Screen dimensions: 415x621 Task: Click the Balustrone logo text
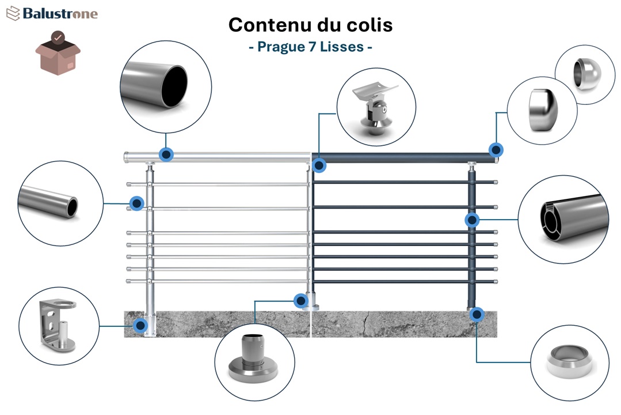[60, 14]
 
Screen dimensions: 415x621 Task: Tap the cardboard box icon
[58, 52]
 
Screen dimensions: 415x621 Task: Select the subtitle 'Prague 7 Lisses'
[310, 47]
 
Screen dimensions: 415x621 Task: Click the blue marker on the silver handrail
[166, 154]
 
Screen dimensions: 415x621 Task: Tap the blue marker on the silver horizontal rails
[136, 203]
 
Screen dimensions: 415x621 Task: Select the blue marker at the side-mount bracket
[140, 326]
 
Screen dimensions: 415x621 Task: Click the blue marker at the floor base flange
[300, 300]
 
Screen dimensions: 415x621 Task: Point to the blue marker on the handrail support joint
[319, 166]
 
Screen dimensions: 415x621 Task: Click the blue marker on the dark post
[472, 220]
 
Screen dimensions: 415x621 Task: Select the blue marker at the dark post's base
[476, 315]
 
